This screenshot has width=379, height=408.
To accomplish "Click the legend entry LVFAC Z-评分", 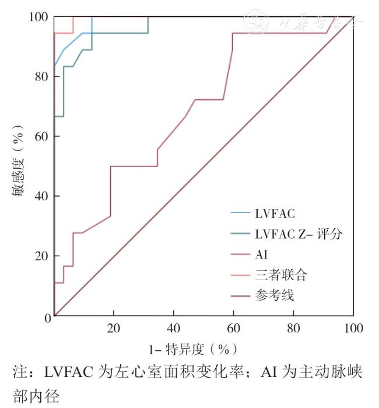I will pos(298,234).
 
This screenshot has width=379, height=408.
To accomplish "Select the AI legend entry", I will pos(261,254).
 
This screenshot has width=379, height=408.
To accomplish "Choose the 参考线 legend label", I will pos(275,295).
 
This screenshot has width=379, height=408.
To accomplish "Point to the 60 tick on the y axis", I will pos(39,137).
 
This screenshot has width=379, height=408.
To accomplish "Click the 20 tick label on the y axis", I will pos(39,256).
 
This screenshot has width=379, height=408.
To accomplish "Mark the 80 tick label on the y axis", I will pos(39,77).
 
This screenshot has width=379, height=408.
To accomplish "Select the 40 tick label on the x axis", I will pos(174,328).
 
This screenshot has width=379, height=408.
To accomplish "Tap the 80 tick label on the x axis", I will pos(293,328).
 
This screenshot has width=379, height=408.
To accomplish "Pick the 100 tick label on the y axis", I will pos(36,17).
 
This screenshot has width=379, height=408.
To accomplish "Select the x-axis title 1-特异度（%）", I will pos(192,349).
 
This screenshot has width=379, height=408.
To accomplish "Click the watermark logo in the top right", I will pos(254,22).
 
